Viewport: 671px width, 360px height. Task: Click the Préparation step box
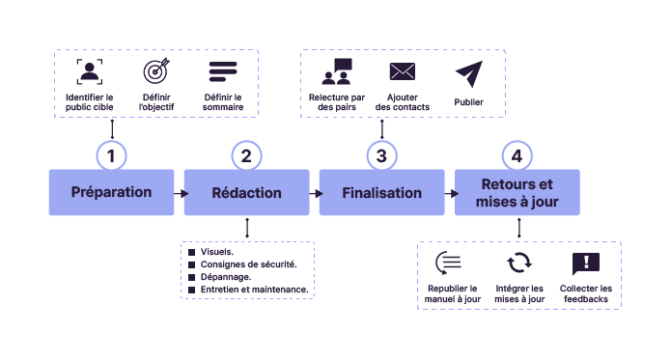click(111, 192)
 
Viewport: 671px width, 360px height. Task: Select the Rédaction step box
click(247, 192)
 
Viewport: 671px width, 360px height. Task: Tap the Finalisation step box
click(382, 192)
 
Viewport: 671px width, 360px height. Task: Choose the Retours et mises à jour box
click(517, 192)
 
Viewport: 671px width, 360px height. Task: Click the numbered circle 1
click(112, 155)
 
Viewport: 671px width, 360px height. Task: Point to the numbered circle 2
click(247, 155)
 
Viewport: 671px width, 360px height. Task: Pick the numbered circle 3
click(382, 155)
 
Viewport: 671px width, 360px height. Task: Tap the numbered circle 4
click(517, 155)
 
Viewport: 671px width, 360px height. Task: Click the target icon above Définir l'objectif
click(156, 72)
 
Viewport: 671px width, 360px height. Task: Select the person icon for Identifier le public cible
click(90, 72)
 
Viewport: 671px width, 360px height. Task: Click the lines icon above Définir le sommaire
click(223, 72)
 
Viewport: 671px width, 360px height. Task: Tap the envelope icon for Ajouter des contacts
click(402, 71)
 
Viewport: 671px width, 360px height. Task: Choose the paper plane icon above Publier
click(468, 72)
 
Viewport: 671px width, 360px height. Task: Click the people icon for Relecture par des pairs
click(337, 72)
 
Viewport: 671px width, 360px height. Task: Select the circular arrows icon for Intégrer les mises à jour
click(519, 263)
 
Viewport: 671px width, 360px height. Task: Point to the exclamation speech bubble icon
click(586, 263)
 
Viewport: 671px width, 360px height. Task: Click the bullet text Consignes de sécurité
click(248, 263)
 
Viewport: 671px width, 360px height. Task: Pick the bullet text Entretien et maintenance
click(254, 289)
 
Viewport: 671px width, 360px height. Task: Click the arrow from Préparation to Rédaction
click(180, 193)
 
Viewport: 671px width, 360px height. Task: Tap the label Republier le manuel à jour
click(452, 293)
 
